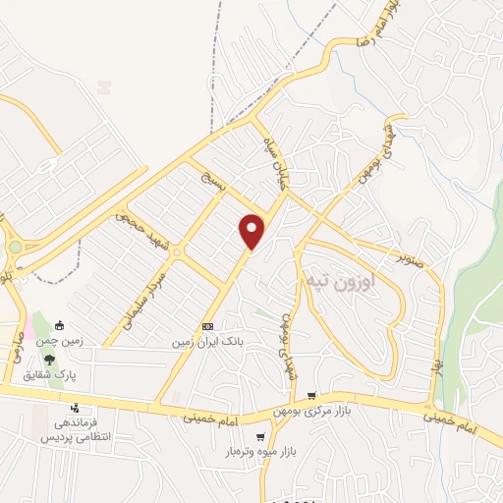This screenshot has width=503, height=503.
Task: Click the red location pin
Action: click(x=253, y=230)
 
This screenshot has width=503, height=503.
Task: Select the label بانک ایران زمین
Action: click(x=207, y=341)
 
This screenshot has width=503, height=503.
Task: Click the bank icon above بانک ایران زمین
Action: click(x=207, y=326)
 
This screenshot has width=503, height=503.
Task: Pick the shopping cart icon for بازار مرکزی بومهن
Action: click(x=311, y=395)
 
